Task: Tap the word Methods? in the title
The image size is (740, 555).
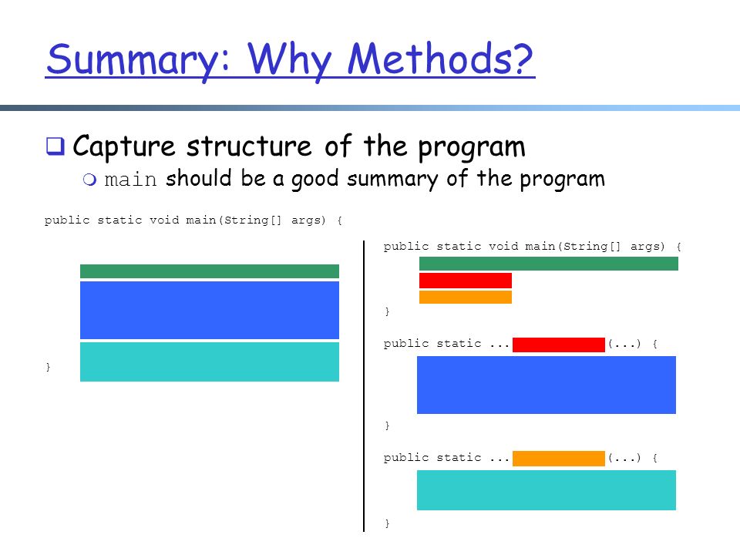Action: coord(440,59)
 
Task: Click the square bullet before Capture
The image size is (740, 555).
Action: coord(55,146)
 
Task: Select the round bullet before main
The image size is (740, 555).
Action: coord(89,180)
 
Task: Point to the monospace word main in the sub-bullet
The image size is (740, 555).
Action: coord(130,180)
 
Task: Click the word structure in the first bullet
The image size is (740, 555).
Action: coord(249,146)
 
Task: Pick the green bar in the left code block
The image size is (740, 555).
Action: coord(210,271)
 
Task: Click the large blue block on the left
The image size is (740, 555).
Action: coord(210,310)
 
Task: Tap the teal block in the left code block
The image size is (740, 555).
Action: coord(210,362)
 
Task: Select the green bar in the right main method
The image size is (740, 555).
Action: coord(548,264)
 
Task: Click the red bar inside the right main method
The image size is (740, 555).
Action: coord(466,281)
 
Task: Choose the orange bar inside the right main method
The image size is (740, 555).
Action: coord(466,297)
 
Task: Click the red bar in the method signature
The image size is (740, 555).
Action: coord(559,345)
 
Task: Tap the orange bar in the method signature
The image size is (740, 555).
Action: coord(559,458)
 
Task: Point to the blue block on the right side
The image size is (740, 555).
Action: coord(547,385)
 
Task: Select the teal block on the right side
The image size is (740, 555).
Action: coord(547,490)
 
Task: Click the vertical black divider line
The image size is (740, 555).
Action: coord(364,386)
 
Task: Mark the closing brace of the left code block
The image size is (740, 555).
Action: coord(48,367)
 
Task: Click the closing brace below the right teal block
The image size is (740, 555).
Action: coord(387,523)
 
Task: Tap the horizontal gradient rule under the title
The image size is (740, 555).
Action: coord(370,108)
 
